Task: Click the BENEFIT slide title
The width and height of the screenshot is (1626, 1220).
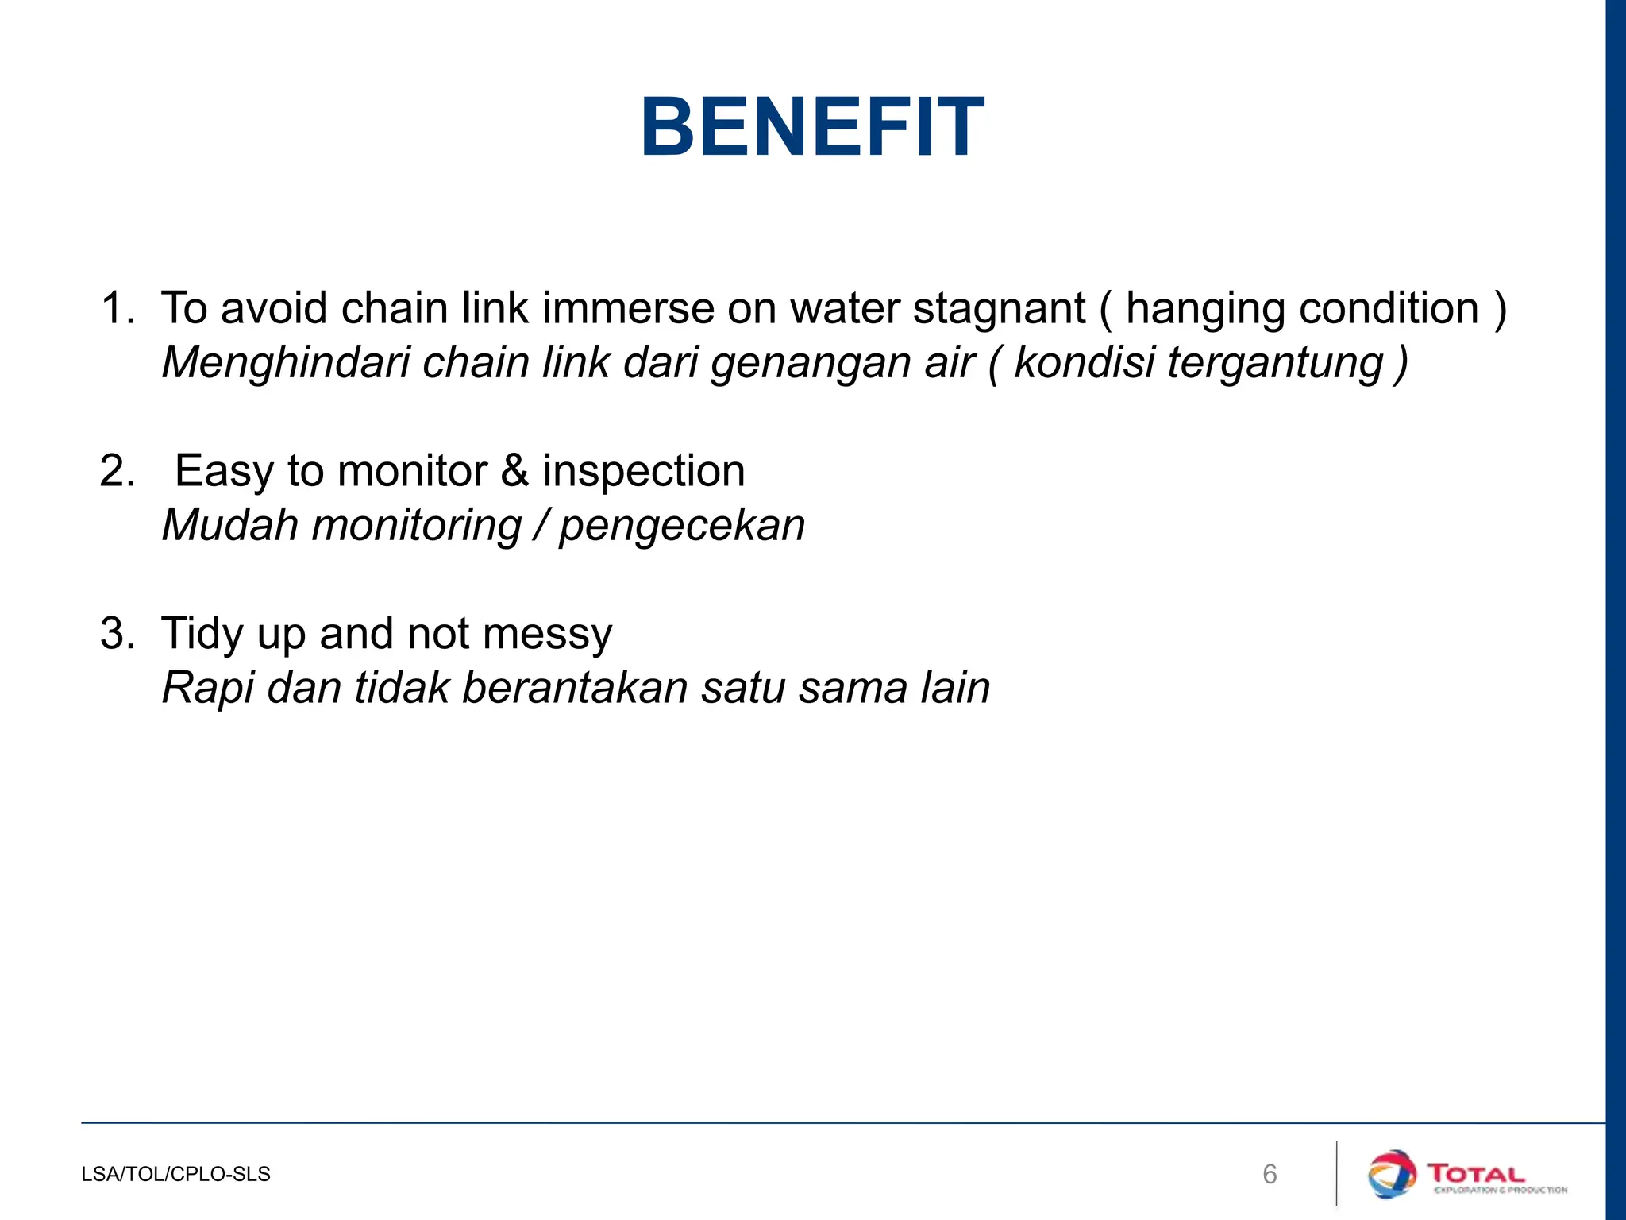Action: (812, 128)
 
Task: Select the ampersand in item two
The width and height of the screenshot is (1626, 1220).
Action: (514, 471)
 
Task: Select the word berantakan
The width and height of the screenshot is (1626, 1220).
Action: (575, 688)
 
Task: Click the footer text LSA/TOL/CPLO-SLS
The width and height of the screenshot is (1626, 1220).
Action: (175, 1174)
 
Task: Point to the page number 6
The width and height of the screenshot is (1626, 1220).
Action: (1270, 1174)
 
